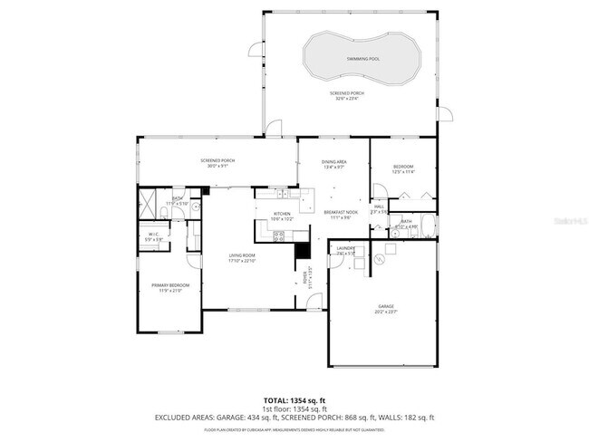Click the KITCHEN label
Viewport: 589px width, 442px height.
pyautogui.click(x=282, y=214)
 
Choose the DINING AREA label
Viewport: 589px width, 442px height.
pyautogui.click(x=333, y=162)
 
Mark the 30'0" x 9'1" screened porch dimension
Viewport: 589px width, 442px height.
pyautogui.click(x=217, y=166)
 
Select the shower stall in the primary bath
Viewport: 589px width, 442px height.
pyautogui.click(x=149, y=201)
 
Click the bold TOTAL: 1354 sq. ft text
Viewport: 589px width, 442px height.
pyautogui.click(x=294, y=399)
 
